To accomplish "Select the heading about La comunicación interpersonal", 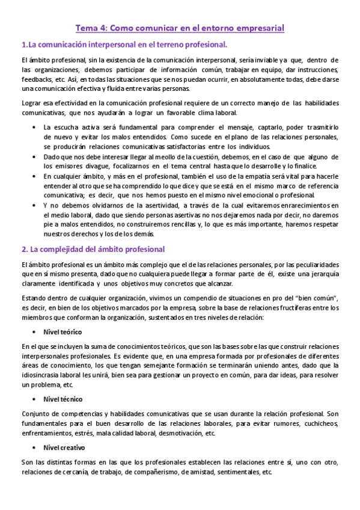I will click(x=124, y=45).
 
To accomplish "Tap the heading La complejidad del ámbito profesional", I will click(x=93, y=249).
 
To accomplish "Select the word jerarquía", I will click(x=323, y=274).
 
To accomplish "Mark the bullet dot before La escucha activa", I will click(x=32, y=127).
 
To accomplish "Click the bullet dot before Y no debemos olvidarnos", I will click(x=32, y=206).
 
